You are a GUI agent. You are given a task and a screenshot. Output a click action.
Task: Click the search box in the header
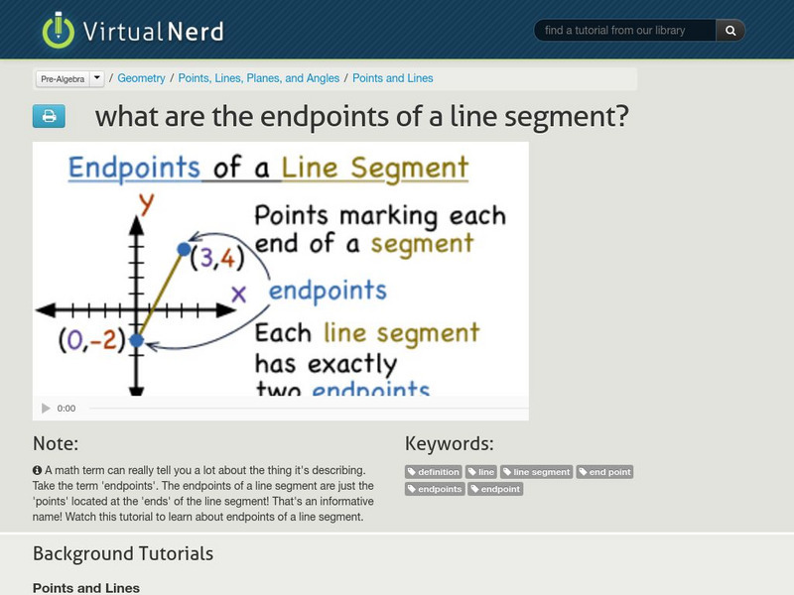tap(625, 31)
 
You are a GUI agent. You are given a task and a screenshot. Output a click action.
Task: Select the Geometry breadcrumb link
tap(141, 78)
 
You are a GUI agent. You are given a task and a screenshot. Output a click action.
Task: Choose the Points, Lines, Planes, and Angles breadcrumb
tap(258, 78)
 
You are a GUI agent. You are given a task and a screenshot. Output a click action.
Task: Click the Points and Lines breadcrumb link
tap(392, 78)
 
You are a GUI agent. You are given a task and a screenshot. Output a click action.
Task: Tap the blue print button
tap(49, 117)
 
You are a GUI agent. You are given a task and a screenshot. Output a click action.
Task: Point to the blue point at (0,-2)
tap(137, 340)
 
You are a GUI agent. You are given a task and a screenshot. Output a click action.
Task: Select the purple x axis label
tap(238, 294)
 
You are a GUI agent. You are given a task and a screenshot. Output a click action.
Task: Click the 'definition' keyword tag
tap(434, 472)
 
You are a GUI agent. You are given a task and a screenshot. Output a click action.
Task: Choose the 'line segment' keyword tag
tap(537, 472)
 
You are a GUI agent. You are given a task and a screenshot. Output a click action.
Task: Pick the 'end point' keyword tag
tap(605, 472)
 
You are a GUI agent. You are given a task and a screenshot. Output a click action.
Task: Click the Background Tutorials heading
tap(123, 553)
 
